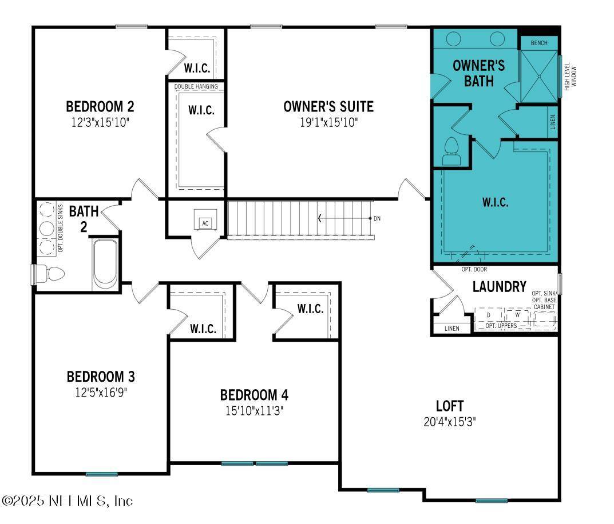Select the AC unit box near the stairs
tap(205, 222)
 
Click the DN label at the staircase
tap(377, 218)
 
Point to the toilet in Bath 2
tap(50, 274)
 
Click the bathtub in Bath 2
tap(105, 264)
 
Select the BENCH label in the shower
tap(538, 43)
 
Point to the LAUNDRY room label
tap(499, 287)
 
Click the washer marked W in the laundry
tap(517, 315)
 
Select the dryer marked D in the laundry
tap(488, 315)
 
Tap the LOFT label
tap(449, 406)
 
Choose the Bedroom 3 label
tap(101, 377)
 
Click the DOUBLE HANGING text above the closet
tap(196, 86)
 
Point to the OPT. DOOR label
tap(474, 269)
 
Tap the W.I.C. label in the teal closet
tap(495, 202)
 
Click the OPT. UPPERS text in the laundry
tap(501, 326)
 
